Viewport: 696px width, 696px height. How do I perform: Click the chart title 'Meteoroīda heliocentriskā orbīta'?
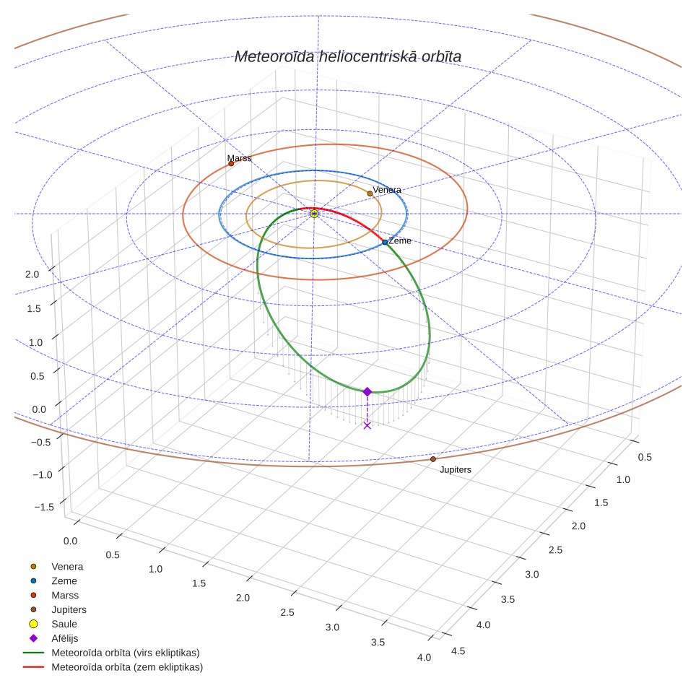point(347,56)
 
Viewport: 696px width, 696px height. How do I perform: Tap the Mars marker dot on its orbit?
point(231,164)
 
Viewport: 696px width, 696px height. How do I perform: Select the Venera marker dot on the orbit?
point(370,193)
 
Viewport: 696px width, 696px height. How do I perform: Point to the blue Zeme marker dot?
point(385,243)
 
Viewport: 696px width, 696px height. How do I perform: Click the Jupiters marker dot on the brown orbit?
point(433,459)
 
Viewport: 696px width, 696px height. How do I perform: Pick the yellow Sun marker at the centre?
point(314,214)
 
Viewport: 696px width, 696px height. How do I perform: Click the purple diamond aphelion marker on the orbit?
point(367,391)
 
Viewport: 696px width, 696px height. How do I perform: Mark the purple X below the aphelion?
point(367,426)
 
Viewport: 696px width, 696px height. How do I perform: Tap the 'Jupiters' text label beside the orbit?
point(456,469)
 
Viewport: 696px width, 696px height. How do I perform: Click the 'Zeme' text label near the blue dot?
point(399,240)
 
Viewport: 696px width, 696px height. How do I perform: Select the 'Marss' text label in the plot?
point(239,158)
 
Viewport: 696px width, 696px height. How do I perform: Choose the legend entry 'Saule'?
point(64,624)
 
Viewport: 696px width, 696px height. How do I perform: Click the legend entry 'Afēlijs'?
point(65,638)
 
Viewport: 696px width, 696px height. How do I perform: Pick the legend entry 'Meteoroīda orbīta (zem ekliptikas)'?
point(127,666)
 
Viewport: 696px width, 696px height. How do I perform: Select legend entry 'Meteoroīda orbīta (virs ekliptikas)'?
point(126,653)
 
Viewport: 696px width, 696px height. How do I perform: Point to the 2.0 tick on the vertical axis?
point(32,274)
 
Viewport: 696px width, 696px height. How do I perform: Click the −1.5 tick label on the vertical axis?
point(44,507)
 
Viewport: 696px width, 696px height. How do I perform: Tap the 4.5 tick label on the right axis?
point(458,651)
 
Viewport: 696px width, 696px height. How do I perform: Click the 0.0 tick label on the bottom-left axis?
point(70,541)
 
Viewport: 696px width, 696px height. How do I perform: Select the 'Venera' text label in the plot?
point(387,190)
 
